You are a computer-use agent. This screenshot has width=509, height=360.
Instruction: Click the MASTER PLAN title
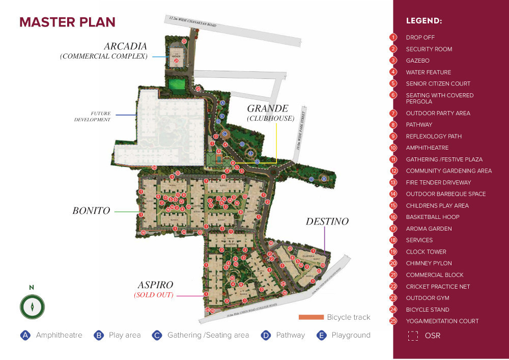(x=67, y=22)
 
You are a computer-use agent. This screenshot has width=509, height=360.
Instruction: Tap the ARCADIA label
(x=125, y=46)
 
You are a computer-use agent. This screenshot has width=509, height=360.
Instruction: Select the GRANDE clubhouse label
(x=268, y=108)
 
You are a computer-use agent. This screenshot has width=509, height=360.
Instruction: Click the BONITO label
(x=91, y=210)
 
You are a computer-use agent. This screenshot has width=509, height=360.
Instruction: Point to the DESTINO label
(x=327, y=221)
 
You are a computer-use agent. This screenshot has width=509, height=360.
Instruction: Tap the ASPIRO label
(x=155, y=285)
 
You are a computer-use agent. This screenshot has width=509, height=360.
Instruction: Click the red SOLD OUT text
(x=154, y=295)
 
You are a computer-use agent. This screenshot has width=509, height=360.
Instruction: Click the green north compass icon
(x=32, y=307)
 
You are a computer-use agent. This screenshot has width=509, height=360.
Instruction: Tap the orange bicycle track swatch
(x=310, y=317)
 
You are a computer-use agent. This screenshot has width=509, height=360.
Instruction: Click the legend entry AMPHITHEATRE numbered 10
(x=427, y=148)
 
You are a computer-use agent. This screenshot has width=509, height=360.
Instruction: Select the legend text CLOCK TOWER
(x=426, y=252)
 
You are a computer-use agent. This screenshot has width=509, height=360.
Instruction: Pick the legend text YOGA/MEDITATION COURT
(x=442, y=321)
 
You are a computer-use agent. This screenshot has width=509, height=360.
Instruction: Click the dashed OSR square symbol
(x=413, y=336)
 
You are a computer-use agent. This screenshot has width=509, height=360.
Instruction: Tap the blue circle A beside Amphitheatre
(x=24, y=335)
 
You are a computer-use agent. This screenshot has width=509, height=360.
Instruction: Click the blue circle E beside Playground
(x=321, y=335)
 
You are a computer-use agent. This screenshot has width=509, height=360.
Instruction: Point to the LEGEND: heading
(x=423, y=21)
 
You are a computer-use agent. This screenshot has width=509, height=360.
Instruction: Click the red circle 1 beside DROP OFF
(x=393, y=37)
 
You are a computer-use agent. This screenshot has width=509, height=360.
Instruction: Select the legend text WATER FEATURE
(x=428, y=72)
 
